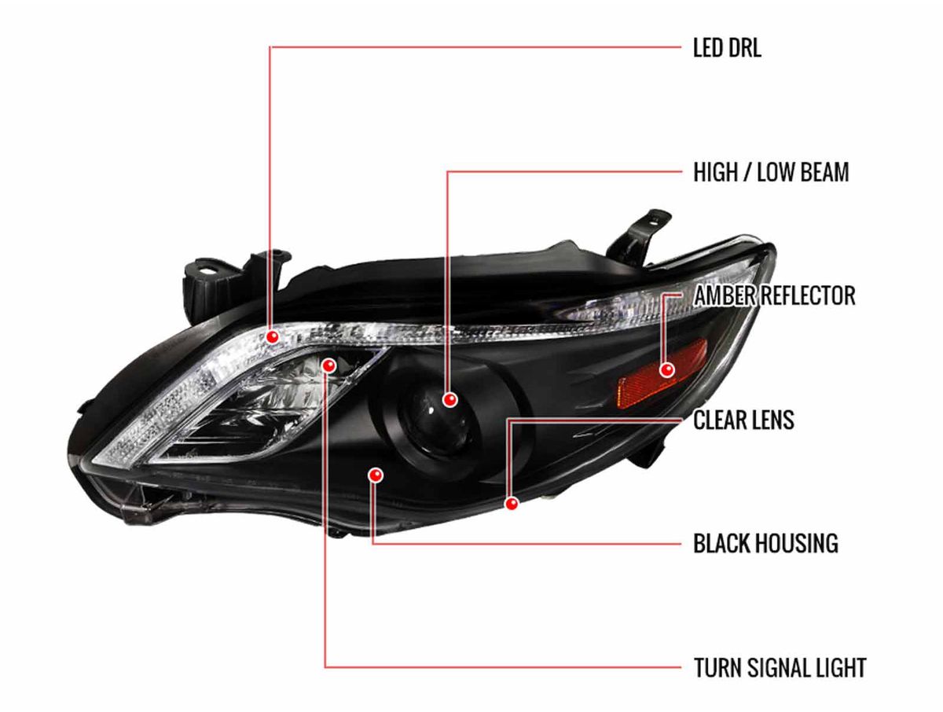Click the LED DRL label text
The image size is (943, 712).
(x=727, y=49)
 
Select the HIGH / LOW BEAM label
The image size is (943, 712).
(x=771, y=173)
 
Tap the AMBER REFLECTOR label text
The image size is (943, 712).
(x=775, y=296)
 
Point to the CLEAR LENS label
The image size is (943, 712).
(x=743, y=420)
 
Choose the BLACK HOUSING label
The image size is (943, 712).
(x=765, y=543)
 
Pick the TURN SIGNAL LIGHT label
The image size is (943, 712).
(x=780, y=668)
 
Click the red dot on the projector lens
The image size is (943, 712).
(x=449, y=400)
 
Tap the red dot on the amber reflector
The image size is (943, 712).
(x=667, y=369)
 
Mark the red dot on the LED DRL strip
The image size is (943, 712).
(x=273, y=336)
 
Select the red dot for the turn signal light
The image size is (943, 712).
(x=329, y=365)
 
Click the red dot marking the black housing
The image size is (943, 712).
(x=376, y=475)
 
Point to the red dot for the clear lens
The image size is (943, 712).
(x=512, y=502)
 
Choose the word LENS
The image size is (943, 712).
(x=770, y=420)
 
